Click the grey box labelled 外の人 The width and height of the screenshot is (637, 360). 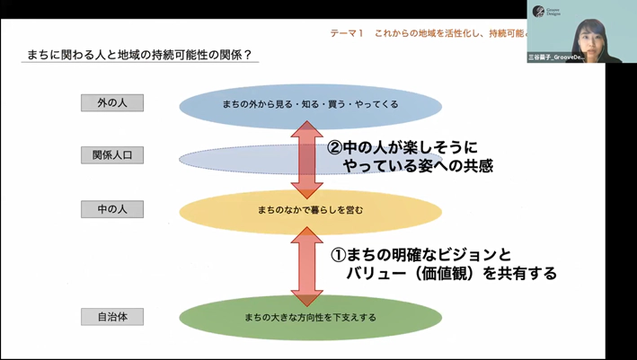[x=112, y=102]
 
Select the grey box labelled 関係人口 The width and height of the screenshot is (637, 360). [x=112, y=155]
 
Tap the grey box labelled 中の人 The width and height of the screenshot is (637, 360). [x=112, y=210]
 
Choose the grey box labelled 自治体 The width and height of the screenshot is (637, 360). [x=112, y=316]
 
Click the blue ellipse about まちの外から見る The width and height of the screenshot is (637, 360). [x=310, y=105]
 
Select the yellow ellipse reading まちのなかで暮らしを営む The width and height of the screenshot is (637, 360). [x=310, y=212]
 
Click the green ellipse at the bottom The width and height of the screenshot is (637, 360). [x=310, y=317]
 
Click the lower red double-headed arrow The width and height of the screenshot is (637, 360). [x=306, y=265]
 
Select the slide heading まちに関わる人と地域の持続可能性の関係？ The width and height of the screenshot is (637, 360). [x=139, y=56]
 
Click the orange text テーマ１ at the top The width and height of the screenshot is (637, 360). [x=346, y=33]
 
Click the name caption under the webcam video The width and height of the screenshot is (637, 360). [x=563, y=58]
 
